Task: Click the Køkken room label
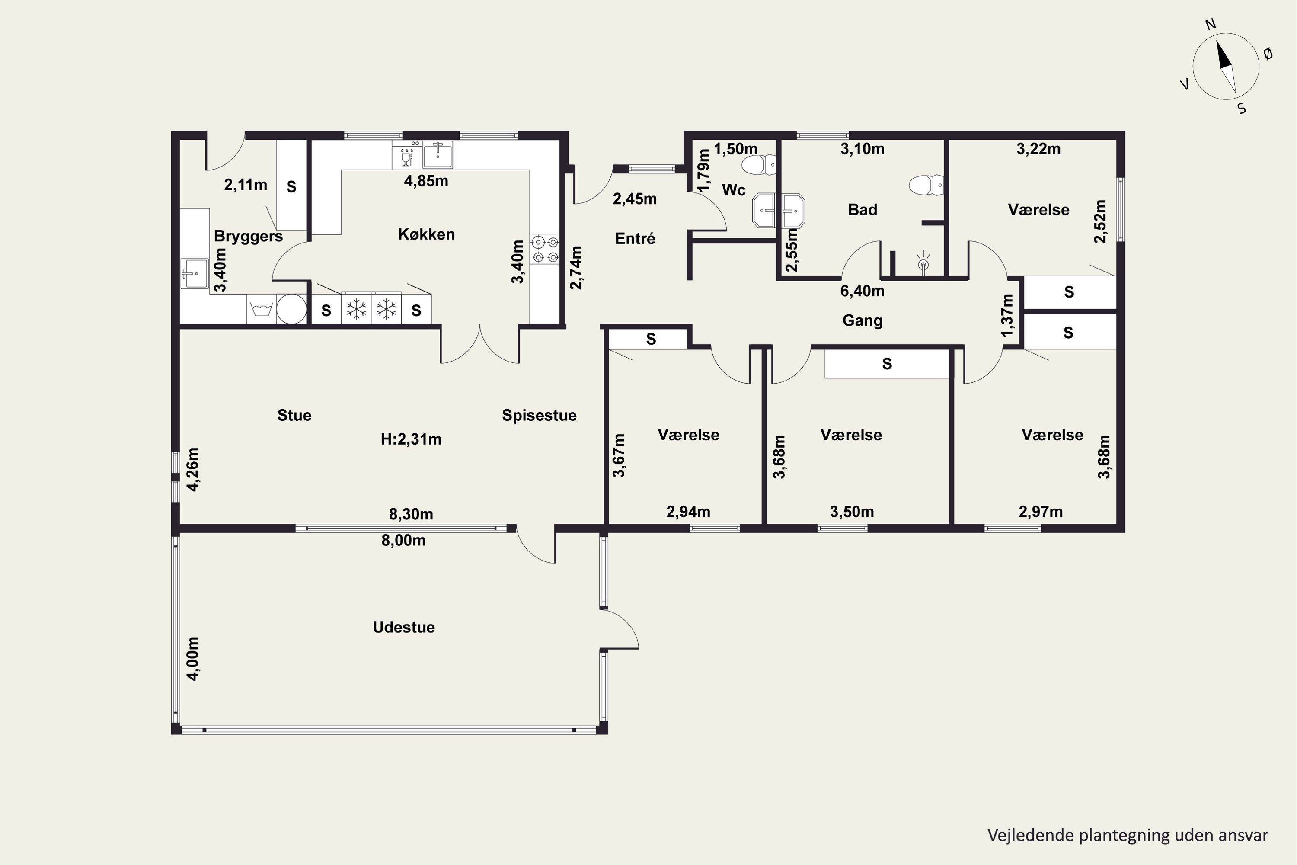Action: [426, 234]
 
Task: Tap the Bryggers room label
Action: [248, 237]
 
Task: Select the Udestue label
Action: [404, 627]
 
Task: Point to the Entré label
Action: [635, 239]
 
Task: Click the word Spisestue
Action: [539, 415]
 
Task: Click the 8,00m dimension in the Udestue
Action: [404, 541]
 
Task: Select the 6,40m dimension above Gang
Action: [863, 291]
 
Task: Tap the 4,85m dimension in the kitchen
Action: [426, 181]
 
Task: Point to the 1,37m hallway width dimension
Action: [1007, 316]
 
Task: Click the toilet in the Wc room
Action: [759, 164]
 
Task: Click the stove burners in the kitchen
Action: [544, 250]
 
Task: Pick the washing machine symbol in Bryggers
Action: [262, 309]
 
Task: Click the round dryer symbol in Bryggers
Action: [291, 309]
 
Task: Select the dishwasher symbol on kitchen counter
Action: [407, 154]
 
